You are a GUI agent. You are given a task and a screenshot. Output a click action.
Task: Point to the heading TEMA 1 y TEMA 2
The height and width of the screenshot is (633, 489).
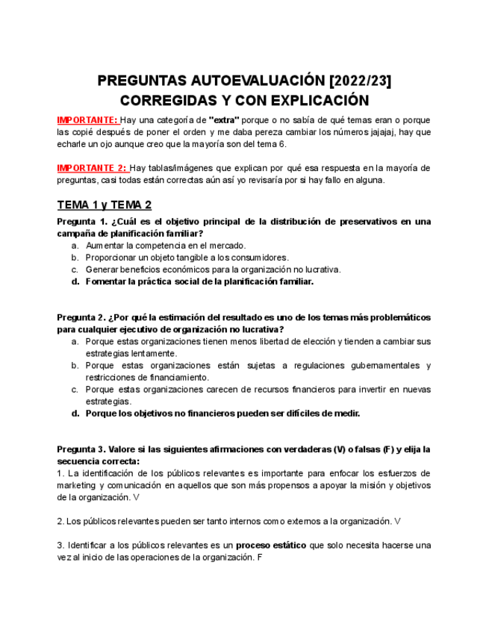(x=105, y=205)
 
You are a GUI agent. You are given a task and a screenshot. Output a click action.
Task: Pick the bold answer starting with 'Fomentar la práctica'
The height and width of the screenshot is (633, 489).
(x=199, y=281)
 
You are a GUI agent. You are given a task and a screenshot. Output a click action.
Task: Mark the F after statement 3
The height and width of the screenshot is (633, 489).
(x=259, y=558)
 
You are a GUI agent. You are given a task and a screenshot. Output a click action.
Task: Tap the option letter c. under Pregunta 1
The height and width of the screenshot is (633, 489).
(x=75, y=269)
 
